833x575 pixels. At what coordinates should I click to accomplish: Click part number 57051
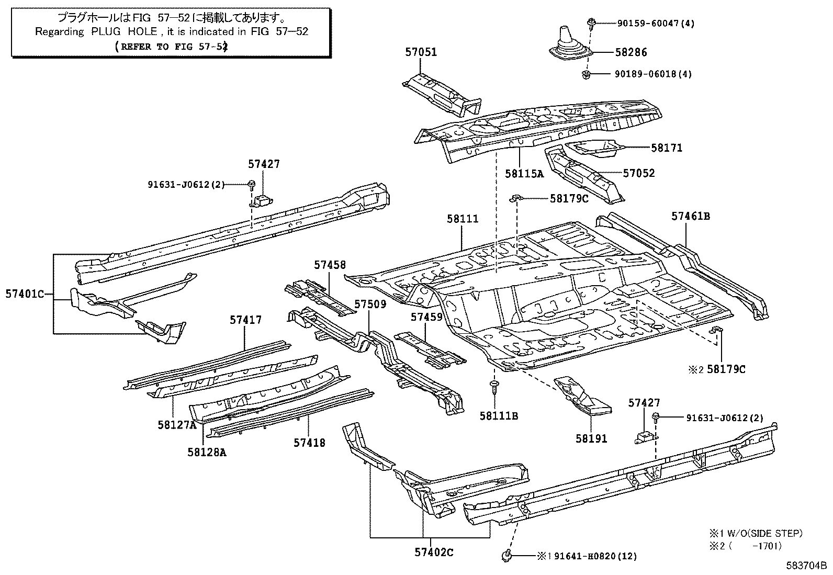pyautogui.click(x=421, y=52)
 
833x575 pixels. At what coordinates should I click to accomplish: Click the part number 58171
pyautogui.click(x=667, y=148)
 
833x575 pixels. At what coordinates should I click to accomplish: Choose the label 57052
pyautogui.click(x=638, y=173)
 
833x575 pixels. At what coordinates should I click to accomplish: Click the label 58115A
pyautogui.click(x=524, y=173)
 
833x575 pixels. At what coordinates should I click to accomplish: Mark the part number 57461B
pyautogui.click(x=691, y=216)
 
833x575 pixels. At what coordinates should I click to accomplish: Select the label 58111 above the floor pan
pyautogui.click(x=463, y=219)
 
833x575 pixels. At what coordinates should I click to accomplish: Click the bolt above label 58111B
pyautogui.click(x=493, y=387)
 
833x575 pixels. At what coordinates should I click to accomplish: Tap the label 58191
pyautogui.click(x=591, y=438)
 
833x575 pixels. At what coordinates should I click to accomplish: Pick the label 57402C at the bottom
pyautogui.click(x=434, y=552)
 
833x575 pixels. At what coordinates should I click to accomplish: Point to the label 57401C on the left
pyautogui.click(x=25, y=294)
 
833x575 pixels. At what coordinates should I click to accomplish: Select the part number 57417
pyautogui.click(x=245, y=320)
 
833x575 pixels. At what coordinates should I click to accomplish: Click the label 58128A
pyautogui.click(x=207, y=453)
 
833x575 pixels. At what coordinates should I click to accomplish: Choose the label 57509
pyautogui.click(x=370, y=304)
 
